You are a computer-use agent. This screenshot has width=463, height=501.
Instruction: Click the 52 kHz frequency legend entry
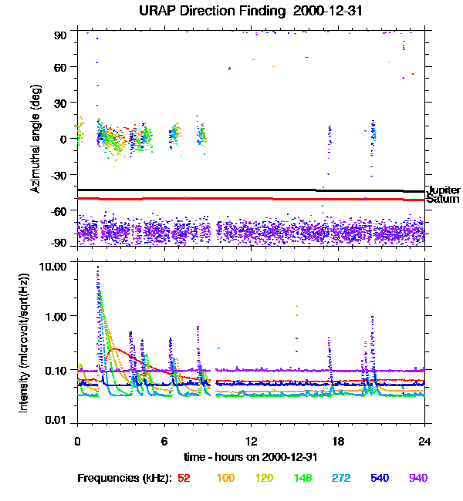tap(184, 478)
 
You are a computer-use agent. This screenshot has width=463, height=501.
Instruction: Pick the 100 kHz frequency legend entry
tap(225, 478)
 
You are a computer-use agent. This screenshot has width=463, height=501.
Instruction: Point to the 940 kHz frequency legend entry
tap(417, 478)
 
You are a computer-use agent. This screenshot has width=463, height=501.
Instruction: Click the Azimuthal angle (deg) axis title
tap(35, 140)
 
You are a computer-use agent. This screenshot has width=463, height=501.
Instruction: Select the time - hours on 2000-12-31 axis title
tap(251, 457)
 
